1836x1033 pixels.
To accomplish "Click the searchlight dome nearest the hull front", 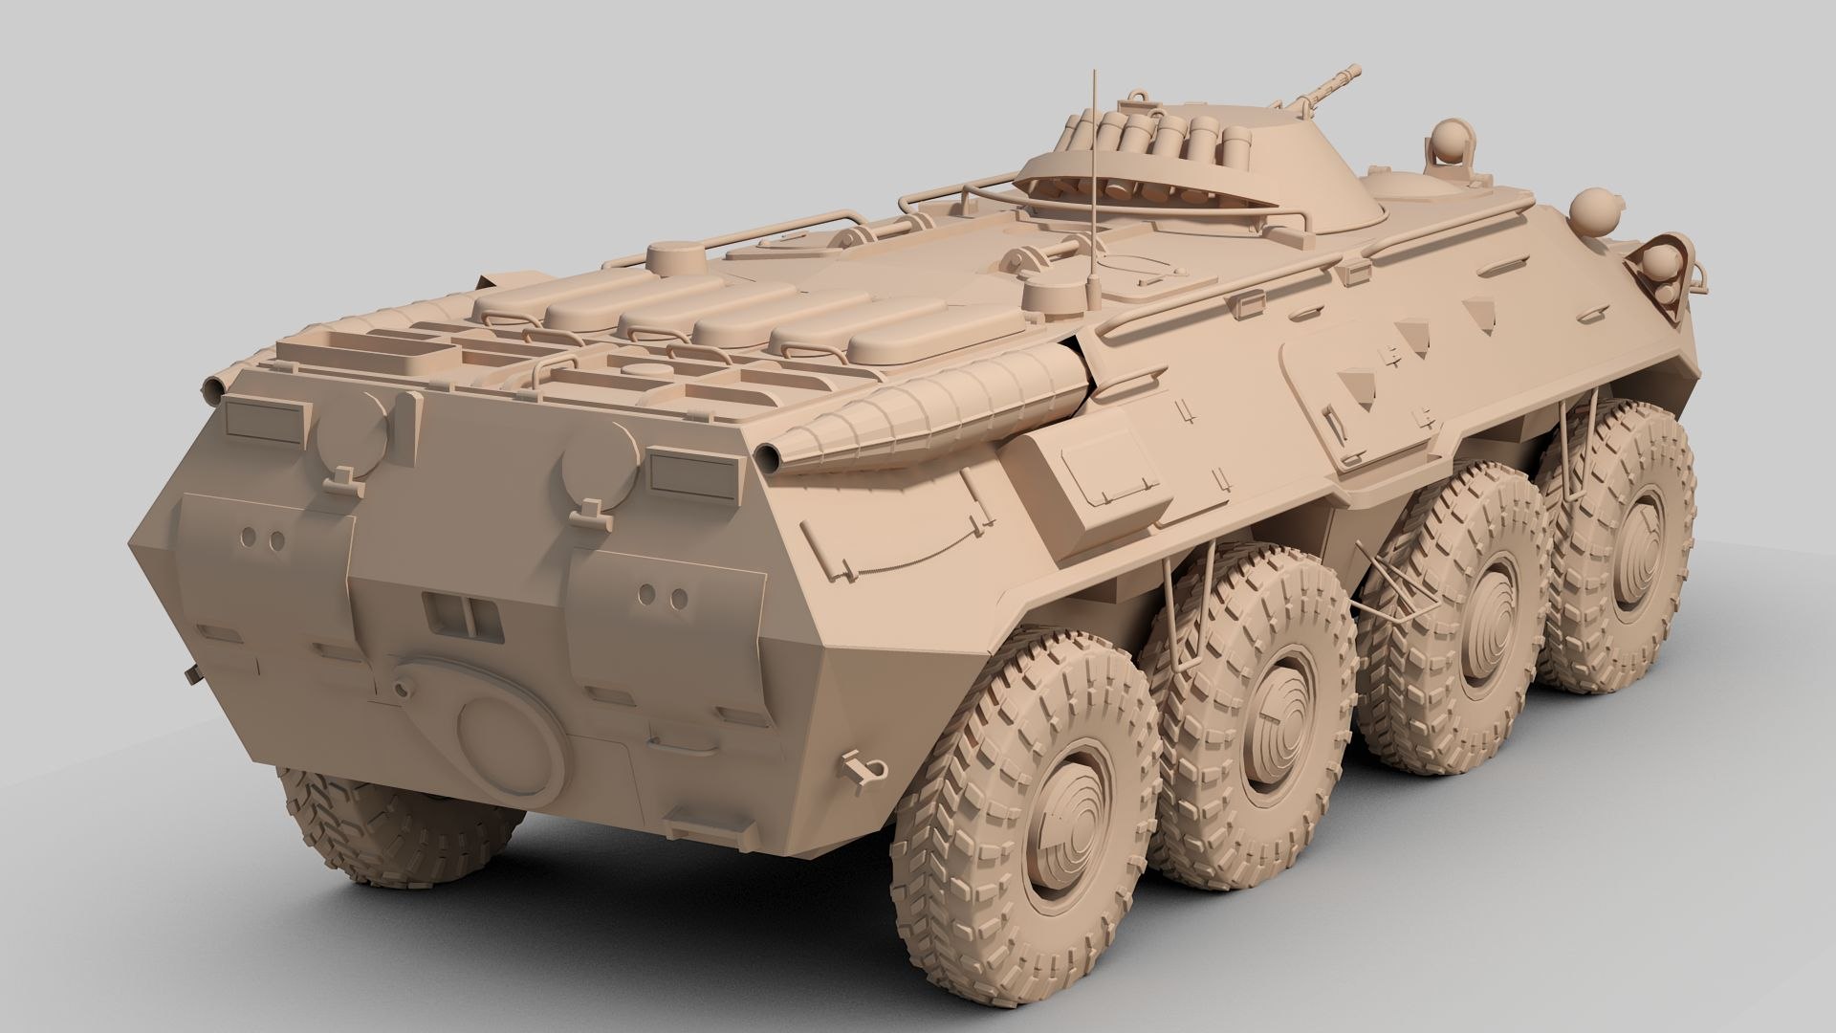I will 1595,208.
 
